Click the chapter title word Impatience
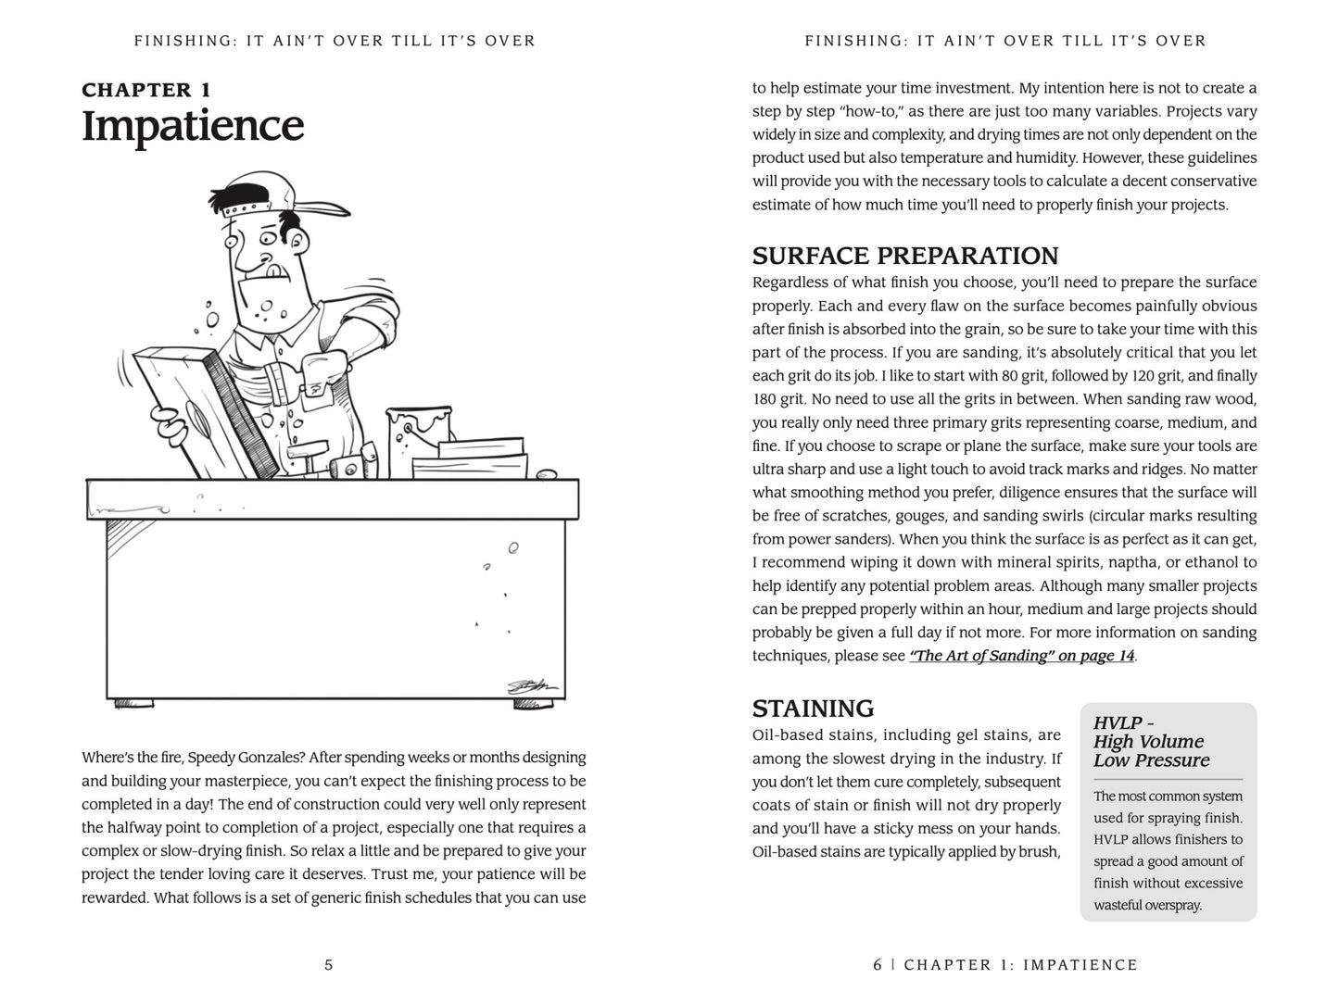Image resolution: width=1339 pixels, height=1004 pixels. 193,126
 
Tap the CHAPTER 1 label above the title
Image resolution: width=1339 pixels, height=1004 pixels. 146,90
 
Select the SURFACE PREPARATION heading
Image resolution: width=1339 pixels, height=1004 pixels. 904,256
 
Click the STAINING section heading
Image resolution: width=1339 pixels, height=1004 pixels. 813,709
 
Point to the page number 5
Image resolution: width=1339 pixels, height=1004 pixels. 328,965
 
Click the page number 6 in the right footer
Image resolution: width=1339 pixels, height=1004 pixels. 878,965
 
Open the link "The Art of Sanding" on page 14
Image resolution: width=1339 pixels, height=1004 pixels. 1022,656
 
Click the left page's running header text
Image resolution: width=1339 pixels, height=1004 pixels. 335,41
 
